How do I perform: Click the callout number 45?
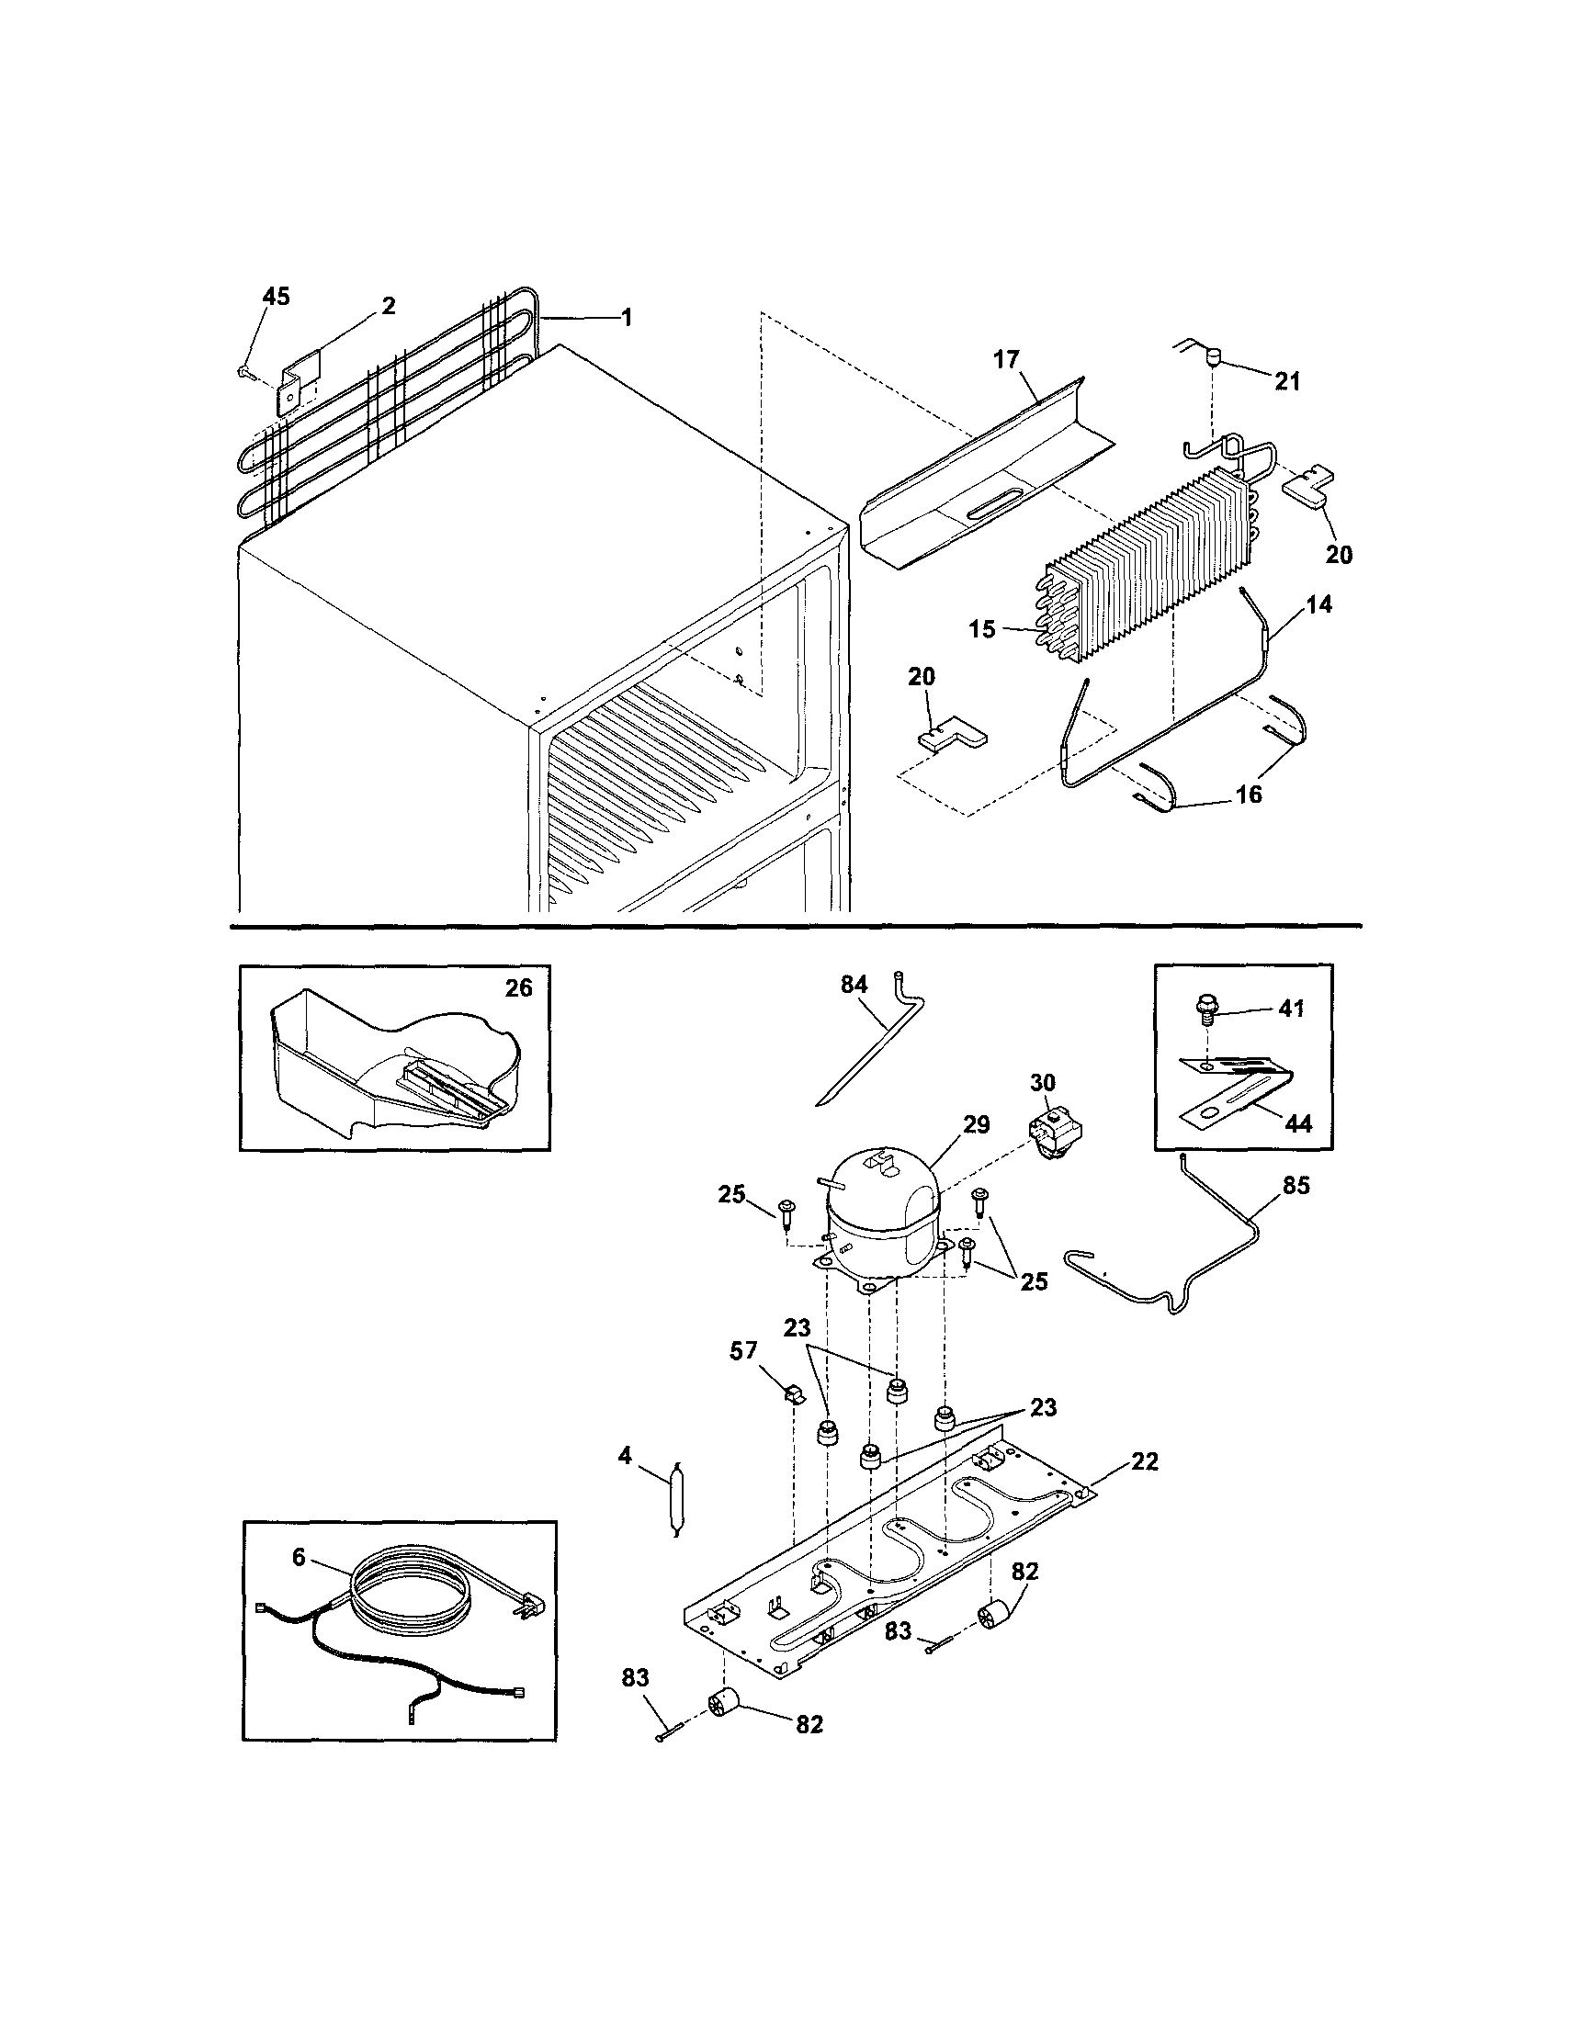point(276,297)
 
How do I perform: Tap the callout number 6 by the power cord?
point(299,1557)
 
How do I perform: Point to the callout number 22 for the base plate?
point(1144,1461)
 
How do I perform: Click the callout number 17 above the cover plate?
point(1005,359)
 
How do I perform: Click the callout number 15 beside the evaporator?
point(982,629)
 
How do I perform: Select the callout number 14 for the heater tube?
point(1318,604)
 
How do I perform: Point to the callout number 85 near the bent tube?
point(1296,1186)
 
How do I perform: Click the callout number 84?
point(854,984)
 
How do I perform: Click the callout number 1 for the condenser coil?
point(626,318)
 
